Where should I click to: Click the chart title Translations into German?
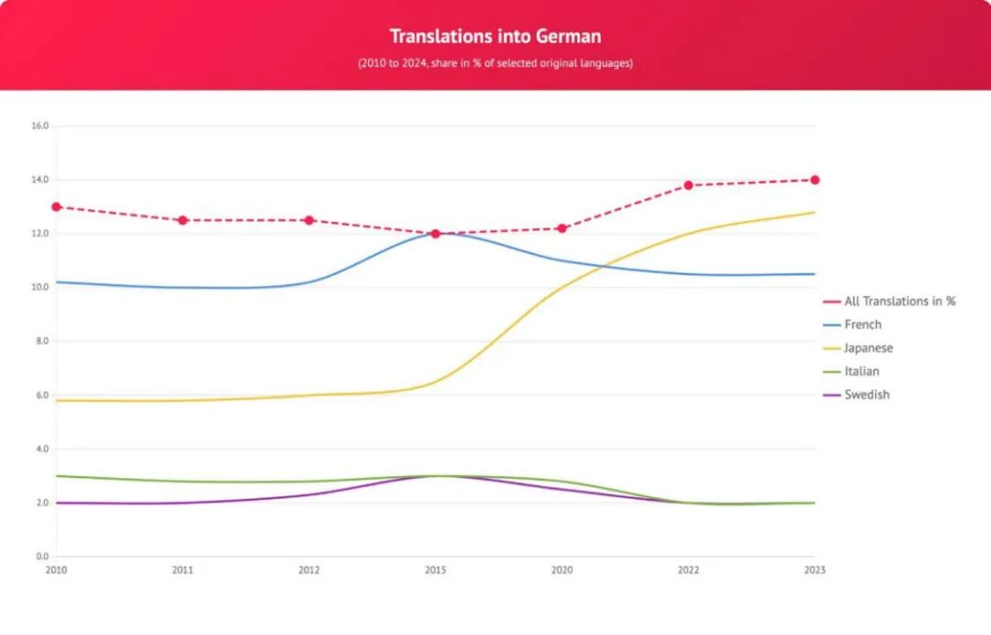pos(495,37)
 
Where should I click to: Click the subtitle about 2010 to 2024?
pos(495,64)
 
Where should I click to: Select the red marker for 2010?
pos(56,206)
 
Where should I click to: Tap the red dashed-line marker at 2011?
pos(183,220)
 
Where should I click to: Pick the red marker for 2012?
pos(309,220)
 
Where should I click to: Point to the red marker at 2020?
pos(562,228)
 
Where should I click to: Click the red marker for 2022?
pos(688,185)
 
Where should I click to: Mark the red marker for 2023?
pos(815,180)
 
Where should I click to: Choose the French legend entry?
pos(863,325)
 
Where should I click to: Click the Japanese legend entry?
pos(868,349)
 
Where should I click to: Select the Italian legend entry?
pos(862,372)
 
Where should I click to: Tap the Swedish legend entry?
pos(866,395)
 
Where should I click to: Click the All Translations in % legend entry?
pos(899,301)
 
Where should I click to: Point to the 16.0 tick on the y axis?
pos(39,126)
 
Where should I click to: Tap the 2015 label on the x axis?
pos(436,571)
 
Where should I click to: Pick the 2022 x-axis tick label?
pos(688,571)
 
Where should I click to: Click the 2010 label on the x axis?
pos(56,571)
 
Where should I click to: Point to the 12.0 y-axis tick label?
pos(39,234)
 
